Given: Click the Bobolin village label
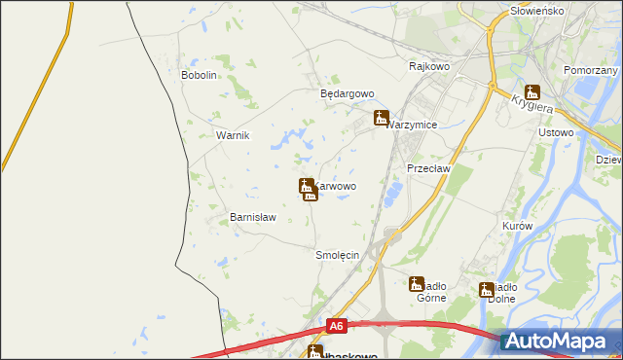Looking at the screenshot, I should [x=199, y=75].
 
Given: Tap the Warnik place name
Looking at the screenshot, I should [x=233, y=135].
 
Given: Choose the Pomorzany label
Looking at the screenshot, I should [x=591, y=71].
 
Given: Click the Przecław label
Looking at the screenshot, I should [x=425, y=167].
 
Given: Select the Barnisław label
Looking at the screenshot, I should [x=253, y=218].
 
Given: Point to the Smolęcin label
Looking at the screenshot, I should [x=338, y=255].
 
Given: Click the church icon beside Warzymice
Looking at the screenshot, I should [x=382, y=118].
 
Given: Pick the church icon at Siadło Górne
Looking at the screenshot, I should [x=417, y=284].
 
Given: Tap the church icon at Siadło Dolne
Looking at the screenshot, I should [x=486, y=289].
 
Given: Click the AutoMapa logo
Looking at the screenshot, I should [x=560, y=341].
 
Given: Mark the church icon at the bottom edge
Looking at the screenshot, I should [x=314, y=352].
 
